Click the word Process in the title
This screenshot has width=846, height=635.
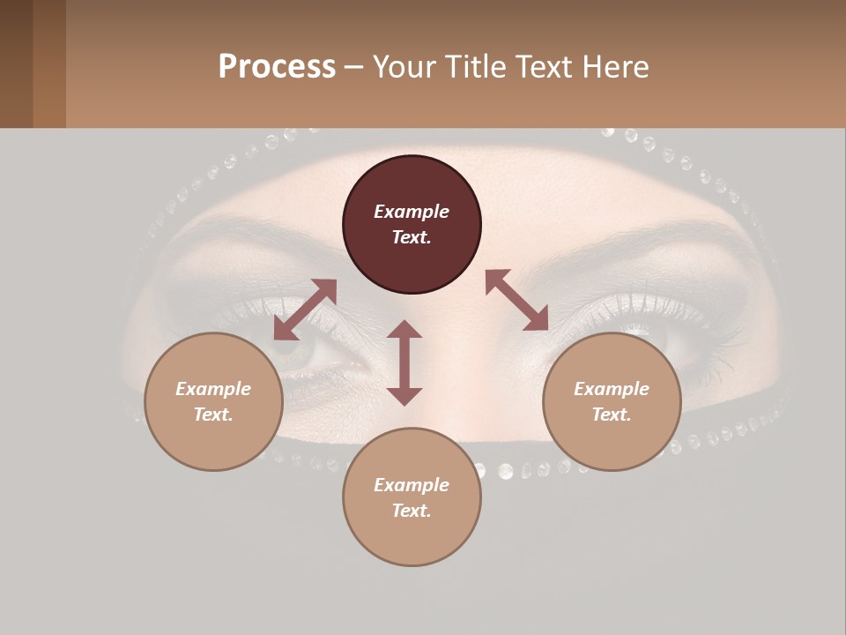click(277, 67)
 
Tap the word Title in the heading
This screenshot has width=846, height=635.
click(475, 67)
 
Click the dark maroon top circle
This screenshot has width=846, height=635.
click(412, 224)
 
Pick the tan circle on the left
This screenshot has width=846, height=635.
click(213, 401)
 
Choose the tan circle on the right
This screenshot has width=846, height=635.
click(612, 401)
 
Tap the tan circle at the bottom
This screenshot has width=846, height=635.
click(412, 497)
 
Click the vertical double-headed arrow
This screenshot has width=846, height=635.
click(404, 362)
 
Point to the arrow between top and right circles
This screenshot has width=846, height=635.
click(517, 300)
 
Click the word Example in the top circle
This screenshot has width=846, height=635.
click(412, 212)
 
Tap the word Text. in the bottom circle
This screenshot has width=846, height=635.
click(412, 511)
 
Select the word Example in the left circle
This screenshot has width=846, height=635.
click(213, 389)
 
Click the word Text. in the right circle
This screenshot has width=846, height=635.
click(612, 415)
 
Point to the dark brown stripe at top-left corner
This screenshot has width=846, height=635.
click(16, 63)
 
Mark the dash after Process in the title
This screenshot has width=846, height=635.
click(353, 67)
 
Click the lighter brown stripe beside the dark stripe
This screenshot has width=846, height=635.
click(49, 63)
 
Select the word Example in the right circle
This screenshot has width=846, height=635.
click(612, 389)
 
